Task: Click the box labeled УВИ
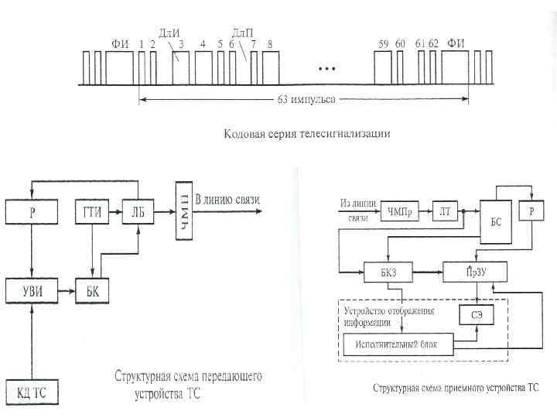pos(31,290)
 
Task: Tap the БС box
pos(496,221)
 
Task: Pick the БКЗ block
pos(388,271)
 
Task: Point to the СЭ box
pos(477,315)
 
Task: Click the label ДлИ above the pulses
pos(169,32)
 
